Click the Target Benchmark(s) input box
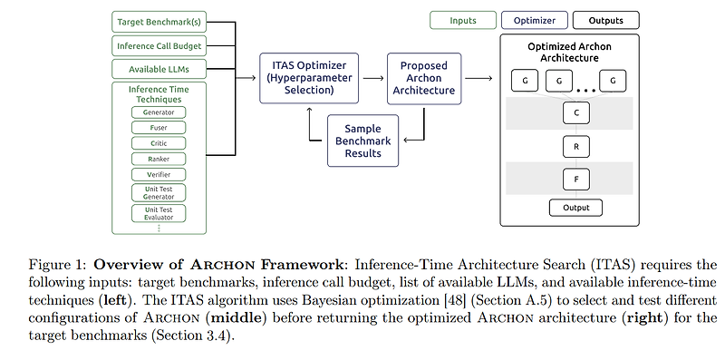click(x=158, y=21)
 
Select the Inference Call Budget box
click(x=158, y=45)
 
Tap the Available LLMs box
click(x=158, y=69)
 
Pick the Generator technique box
click(x=159, y=112)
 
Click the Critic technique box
click(x=159, y=143)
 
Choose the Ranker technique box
click(x=159, y=159)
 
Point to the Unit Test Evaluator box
click(x=159, y=213)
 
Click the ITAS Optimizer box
click(x=310, y=79)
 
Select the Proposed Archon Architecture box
click(x=424, y=79)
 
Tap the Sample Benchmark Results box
click(x=362, y=141)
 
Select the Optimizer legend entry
click(x=534, y=20)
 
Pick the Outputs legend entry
click(x=605, y=20)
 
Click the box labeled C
click(x=575, y=113)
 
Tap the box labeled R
click(x=575, y=146)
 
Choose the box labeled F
click(x=575, y=178)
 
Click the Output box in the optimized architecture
click(x=575, y=208)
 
